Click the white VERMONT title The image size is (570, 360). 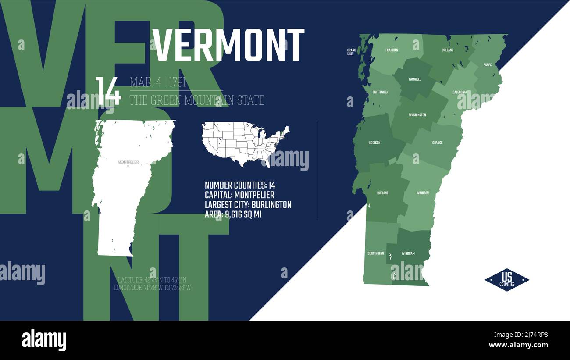(228, 45)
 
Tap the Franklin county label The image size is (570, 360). (392, 50)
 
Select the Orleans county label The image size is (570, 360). (447, 50)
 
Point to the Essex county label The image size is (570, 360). (488, 65)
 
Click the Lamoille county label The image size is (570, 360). (415, 79)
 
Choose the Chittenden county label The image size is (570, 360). (380, 92)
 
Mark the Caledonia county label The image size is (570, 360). (460, 92)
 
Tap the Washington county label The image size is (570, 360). (417, 115)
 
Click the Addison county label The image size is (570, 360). (374, 143)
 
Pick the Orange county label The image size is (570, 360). (437, 143)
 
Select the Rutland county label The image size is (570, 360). (383, 193)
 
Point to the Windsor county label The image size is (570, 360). (422, 193)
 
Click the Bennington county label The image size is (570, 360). (375, 253)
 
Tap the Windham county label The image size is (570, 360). (408, 253)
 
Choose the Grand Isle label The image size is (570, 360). (351, 52)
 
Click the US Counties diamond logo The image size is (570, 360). (506, 280)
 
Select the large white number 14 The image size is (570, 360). (108, 91)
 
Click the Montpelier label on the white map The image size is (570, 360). (128, 162)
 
